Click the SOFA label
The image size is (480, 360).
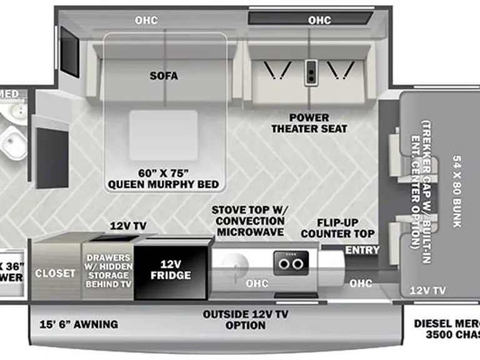point(164,76)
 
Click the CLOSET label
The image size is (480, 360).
point(55,273)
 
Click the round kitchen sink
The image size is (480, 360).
point(236,265)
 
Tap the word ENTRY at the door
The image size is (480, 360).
point(362,250)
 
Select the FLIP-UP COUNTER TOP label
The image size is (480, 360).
point(337,228)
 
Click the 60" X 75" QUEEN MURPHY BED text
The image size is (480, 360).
point(163,179)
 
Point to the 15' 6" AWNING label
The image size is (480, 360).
point(79,324)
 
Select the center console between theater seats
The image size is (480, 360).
point(311,73)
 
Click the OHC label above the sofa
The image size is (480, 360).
point(146,21)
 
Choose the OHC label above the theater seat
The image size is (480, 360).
point(319,21)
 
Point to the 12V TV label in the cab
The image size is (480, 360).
point(427,290)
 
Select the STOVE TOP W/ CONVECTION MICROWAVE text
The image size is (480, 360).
point(247,221)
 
